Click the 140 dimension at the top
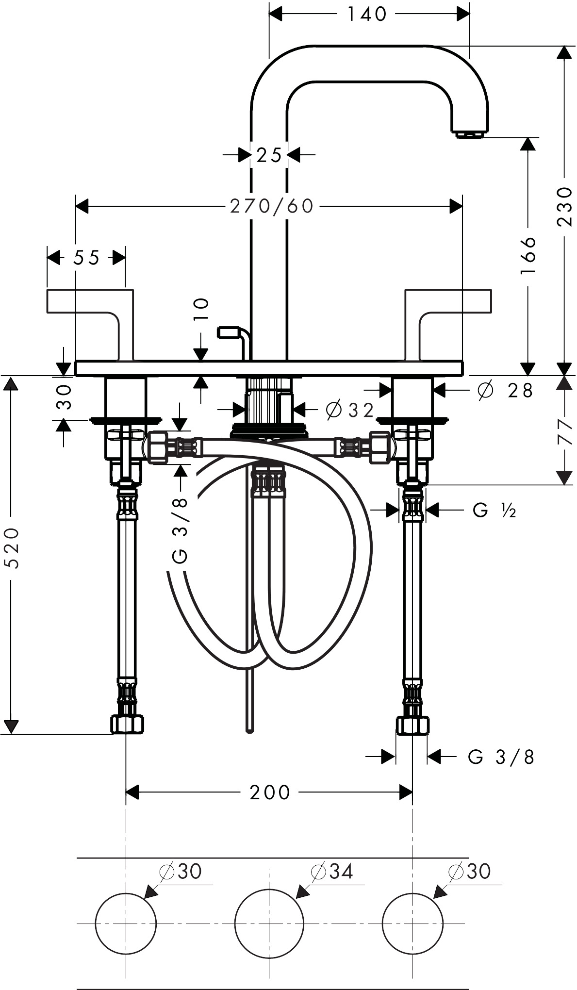367,15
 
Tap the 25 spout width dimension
269,155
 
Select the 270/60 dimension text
272,206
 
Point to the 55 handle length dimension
86,258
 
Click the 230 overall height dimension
565,206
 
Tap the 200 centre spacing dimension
270,792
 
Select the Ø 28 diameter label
505,390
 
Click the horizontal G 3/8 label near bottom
501,757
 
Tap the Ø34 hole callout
332,871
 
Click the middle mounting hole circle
269,923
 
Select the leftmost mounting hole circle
126,923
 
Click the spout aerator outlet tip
471,134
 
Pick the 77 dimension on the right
565,432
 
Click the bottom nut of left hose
127,725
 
